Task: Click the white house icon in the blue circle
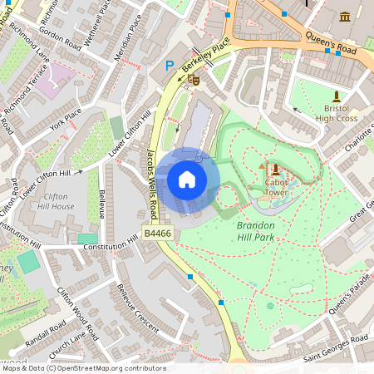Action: (x=187, y=180)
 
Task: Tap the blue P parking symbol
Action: (x=170, y=65)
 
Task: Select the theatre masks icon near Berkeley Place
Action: (x=194, y=80)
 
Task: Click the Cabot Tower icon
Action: (x=276, y=170)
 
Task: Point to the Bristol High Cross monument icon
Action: (x=337, y=96)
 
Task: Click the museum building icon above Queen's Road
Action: (x=345, y=17)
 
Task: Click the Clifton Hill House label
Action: (x=56, y=199)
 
